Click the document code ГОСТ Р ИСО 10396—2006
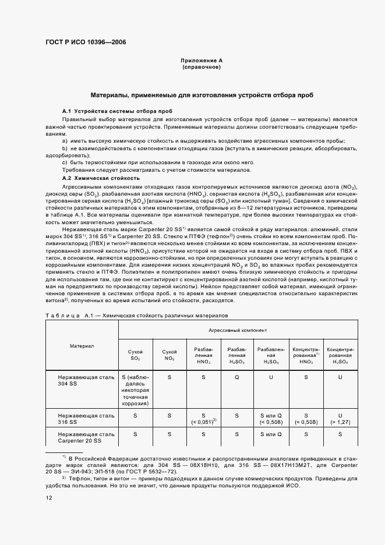coord(86,43)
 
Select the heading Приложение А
coord(202,61)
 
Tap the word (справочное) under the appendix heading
coord(202,68)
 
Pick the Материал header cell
coord(82,346)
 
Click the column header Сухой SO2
coord(135,355)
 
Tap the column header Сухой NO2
coord(169,355)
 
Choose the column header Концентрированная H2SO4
coord(340,355)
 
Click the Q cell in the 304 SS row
coord(236,377)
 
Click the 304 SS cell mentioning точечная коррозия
coord(135,390)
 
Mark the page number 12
coord(49,498)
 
